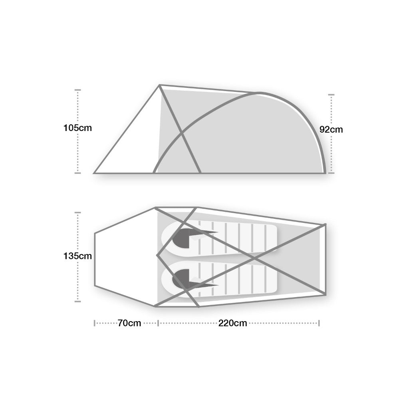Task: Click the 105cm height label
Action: [x=77, y=128]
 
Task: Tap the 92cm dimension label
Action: [x=331, y=129]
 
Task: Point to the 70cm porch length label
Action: [x=129, y=323]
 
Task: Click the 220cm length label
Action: [x=232, y=323]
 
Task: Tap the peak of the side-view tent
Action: [x=160, y=85]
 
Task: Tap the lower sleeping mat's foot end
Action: [x=272, y=280]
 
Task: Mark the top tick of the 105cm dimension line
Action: [x=78, y=90]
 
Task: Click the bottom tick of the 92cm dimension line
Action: [x=331, y=173]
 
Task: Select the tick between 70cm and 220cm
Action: [x=158, y=323]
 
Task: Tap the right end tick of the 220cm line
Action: [x=319, y=323]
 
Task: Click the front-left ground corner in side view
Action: [x=94, y=173]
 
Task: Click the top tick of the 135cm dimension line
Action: [x=78, y=212]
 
